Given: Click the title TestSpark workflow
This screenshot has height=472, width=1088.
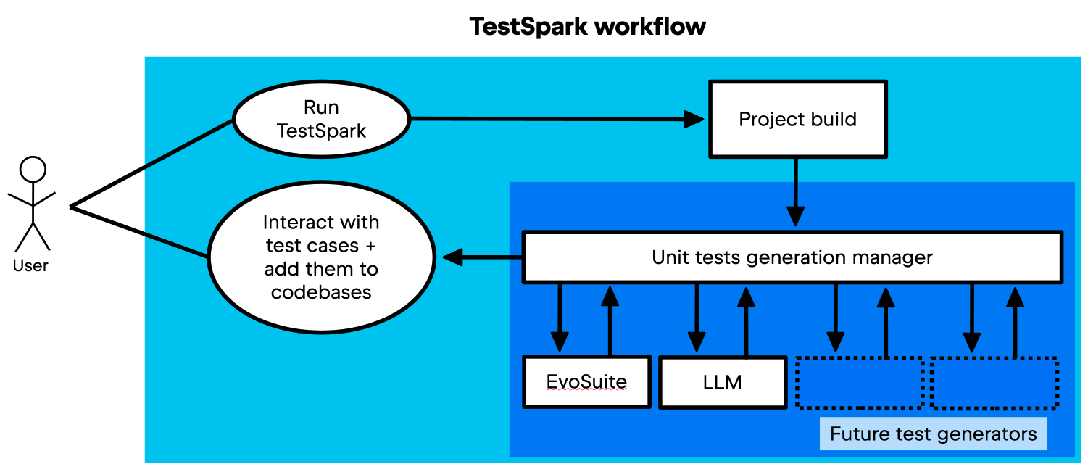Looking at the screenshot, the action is click(x=587, y=26).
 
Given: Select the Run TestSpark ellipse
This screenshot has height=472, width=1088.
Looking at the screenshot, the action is click(x=322, y=119).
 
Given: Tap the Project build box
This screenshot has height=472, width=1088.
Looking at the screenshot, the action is click(x=798, y=119).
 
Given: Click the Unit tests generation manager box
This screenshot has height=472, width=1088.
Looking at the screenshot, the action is click(x=793, y=257).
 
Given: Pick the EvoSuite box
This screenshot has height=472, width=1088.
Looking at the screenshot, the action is click(x=586, y=382).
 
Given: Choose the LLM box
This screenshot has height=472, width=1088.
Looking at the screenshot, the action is click(x=723, y=383).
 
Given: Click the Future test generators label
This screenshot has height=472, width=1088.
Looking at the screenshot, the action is click(x=933, y=434).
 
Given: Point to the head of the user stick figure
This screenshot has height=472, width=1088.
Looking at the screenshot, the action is click(x=33, y=170).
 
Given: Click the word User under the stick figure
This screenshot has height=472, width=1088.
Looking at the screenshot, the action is click(x=30, y=265).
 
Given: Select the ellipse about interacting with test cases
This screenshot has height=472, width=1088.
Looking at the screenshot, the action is click(x=322, y=257).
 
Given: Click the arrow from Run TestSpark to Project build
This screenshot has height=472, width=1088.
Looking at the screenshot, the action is click(x=557, y=118).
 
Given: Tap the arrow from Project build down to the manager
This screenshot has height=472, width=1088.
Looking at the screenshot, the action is click(x=796, y=192).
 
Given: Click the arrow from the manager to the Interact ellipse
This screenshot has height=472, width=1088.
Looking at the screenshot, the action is click(x=482, y=257).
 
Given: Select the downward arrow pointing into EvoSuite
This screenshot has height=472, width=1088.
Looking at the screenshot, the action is click(x=560, y=318).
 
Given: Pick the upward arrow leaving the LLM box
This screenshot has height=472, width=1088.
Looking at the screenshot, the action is click(x=746, y=321).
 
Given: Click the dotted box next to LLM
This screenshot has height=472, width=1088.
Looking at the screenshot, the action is click(x=859, y=383).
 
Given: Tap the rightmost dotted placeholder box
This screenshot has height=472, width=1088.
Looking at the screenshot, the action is click(x=994, y=383).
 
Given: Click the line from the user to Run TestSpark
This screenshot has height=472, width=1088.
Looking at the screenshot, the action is click(x=151, y=164).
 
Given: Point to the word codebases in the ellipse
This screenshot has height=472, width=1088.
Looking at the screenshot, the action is click(x=321, y=292).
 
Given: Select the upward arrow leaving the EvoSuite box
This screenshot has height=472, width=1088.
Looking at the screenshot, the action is click(x=610, y=320).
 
